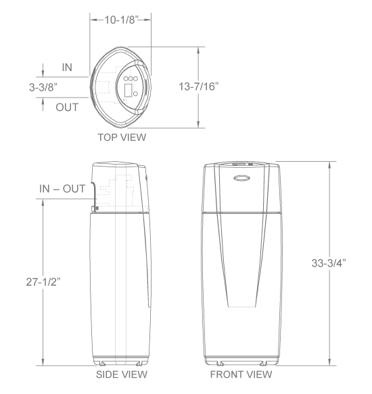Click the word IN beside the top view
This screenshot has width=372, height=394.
coord(67,68)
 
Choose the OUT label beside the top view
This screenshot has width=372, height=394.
coord(67,107)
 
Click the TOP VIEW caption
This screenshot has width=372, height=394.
coord(122,137)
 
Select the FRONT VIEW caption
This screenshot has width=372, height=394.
coord(242,374)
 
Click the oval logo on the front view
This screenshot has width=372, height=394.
coord(241,179)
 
